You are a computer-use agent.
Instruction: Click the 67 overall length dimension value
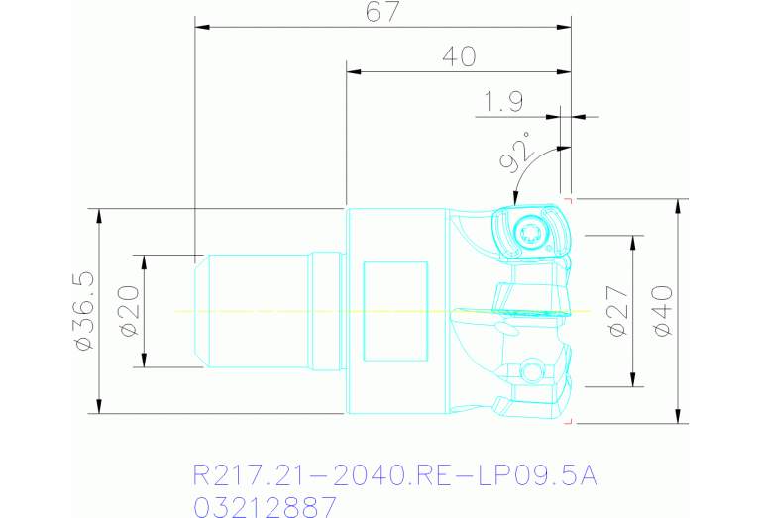(x=381, y=13)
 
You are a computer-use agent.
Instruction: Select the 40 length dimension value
(x=458, y=57)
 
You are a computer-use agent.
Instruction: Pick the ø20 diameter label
(x=129, y=311)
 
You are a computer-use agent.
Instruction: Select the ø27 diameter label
(x=617, y=311)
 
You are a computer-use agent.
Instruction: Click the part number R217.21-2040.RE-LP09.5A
(x=393, y=477)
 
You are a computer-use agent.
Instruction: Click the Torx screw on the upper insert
(x=528, y=234)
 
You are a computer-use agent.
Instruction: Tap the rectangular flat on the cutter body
(x=395, y=312)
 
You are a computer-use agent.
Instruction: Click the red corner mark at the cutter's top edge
(x=568, y=201)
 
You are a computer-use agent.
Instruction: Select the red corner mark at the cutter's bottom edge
(x=568, y=421)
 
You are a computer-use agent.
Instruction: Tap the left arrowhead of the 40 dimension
(x=352, y=71)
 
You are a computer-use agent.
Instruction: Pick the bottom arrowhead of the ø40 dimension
(x=678, y=416)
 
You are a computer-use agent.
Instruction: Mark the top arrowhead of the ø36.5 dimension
(x=99, y=214)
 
